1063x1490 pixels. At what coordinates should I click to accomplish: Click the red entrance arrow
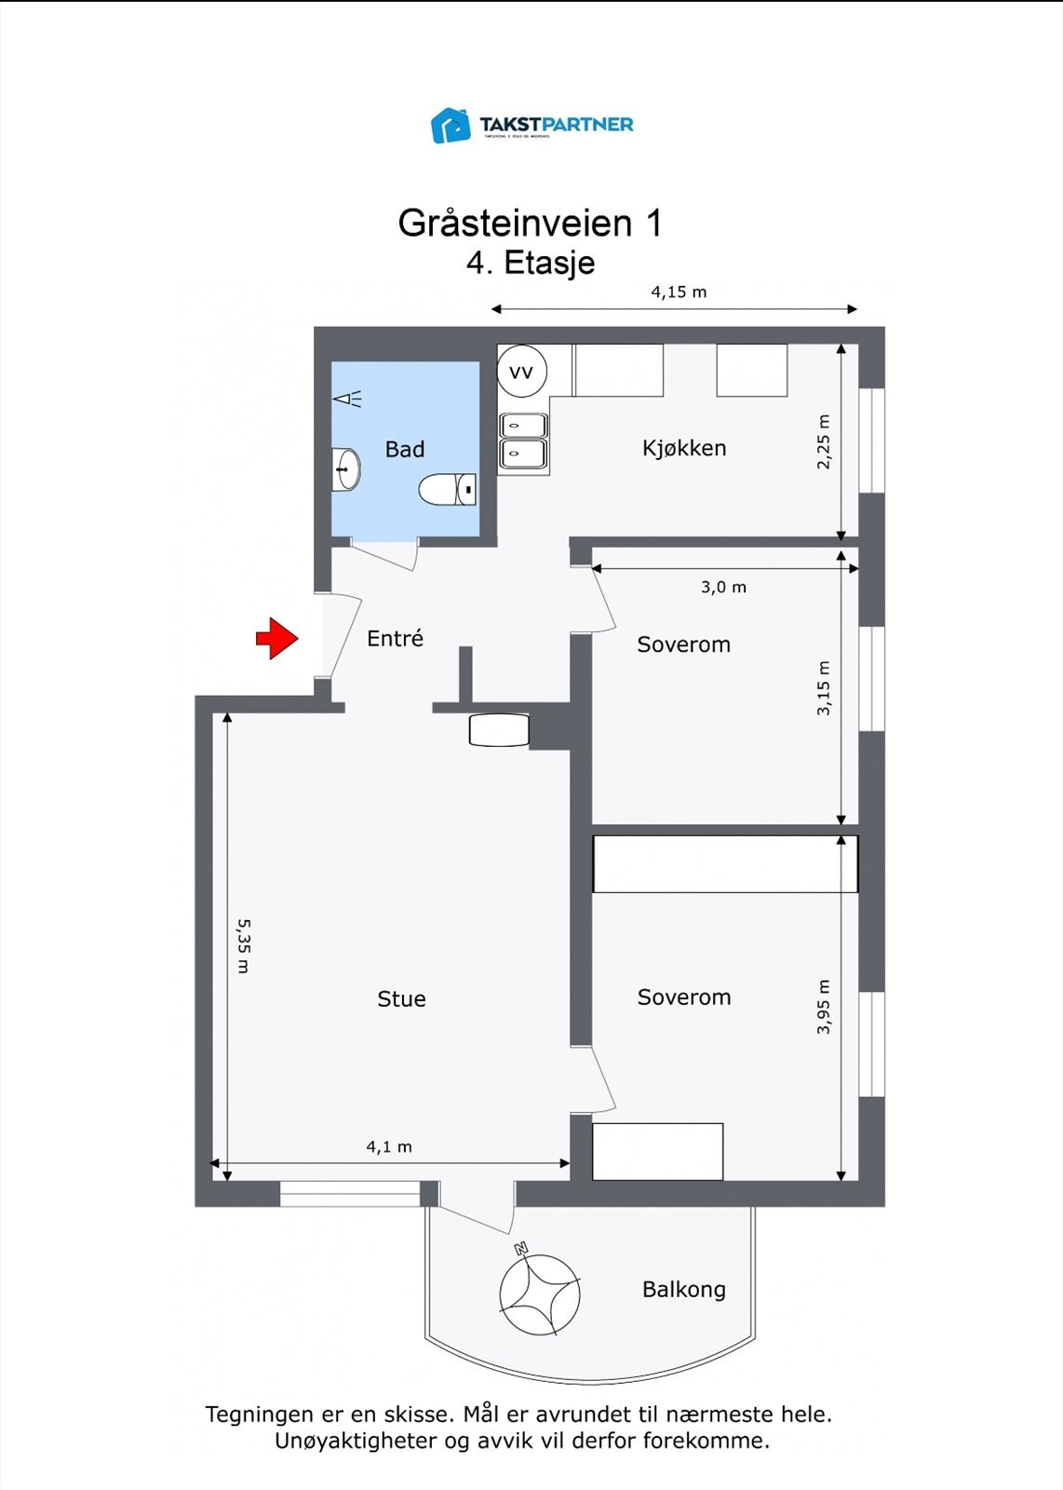(x=276, y=638)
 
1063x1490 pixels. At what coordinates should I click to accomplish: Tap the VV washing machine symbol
(x=521, y=372)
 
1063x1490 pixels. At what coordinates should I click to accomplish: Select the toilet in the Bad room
(x=448, y=489)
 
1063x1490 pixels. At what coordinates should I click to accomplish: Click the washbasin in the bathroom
(x=345, y=468)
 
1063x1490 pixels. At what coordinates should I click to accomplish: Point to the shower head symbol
(x=347, y=400)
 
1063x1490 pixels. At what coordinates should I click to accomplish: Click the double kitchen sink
(x=523, y=440)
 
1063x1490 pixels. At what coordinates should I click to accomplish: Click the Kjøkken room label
(x=684, y=448)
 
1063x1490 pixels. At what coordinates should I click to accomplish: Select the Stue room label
(x=401, y=999)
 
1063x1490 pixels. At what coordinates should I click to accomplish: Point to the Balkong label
(x=683, y=1290)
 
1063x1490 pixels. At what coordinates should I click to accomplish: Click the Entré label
(x=395, y=639)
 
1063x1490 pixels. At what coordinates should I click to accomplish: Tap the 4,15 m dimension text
(x=679, y=292)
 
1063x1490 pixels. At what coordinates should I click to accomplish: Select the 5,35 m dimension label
(x=243, y=945)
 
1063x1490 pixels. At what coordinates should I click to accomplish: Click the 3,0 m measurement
(x=723, y=588)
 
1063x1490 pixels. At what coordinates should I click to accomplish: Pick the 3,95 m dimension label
(x=824, y=1007)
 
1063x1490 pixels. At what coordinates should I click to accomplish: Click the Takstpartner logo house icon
(x=451, y=126)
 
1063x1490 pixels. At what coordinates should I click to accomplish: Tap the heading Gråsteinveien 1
(x=530, y=223)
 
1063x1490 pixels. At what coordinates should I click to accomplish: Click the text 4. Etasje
(x=531, y=264)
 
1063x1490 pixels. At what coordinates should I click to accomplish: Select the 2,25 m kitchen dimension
(x=824, y=441)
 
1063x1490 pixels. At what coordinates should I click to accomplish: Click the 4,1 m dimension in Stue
(x=389, y=1147)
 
